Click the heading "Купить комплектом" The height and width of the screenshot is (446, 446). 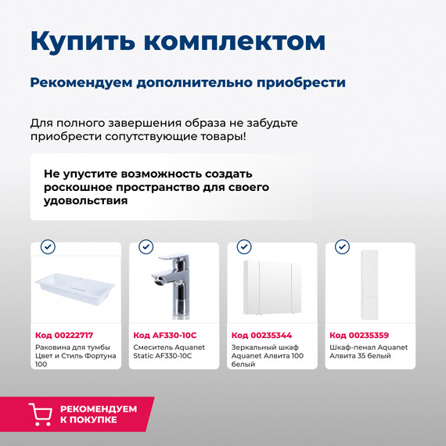pyautogui.click(x=178, y=41)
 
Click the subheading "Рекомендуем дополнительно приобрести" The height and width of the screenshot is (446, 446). pyautogui.click(x=188, y=82)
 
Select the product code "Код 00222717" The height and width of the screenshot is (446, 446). pyautogui.click(x=64, y=335)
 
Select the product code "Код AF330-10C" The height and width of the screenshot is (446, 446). pyautogui.click(x=163, y=335)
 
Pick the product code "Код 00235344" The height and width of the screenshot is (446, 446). pyautogui.click(x=261, y=335)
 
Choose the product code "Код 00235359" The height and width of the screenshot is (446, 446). pyautogui.click(x=359, y=335)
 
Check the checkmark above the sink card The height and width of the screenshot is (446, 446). pyautogui.click(x=48, y=246)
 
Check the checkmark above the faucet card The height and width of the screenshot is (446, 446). pyautogui.click(x=146, y=246)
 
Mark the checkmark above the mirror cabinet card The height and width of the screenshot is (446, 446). pyautogui.click(x=244, y=246)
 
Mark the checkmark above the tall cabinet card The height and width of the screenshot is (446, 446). pyautogui.click(x=342, y=246)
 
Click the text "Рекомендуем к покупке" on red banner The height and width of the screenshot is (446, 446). pyautogui.click(x=98, y=414)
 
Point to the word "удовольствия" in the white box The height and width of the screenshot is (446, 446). pyautogui.click(x=85, y=201)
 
